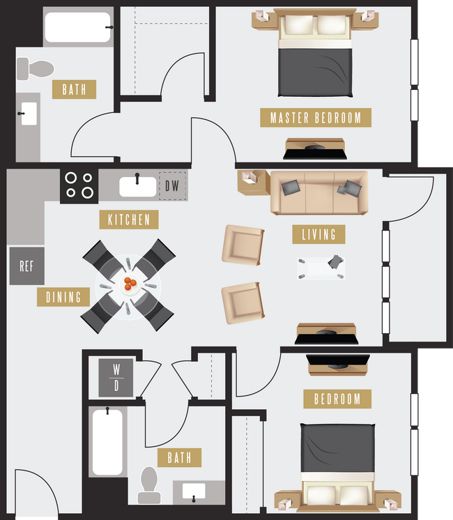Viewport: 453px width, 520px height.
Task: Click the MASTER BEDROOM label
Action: pos(316,117)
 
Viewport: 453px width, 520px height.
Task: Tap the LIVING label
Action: pos(318,234)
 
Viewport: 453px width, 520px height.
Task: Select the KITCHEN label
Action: pos(129,220)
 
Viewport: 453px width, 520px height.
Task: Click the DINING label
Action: pos(63,297)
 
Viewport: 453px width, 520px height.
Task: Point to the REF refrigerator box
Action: pos(26,266)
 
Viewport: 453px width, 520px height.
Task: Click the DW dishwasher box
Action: pos(172,186)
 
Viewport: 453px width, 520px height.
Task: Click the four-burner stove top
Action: pos(79,185)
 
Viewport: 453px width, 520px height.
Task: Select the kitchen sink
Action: pos(137,186)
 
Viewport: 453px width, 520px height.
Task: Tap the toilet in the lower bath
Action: pos(149,484)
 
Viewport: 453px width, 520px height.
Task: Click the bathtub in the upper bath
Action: pos(77,27)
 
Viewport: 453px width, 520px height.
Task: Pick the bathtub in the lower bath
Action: pos(107,441)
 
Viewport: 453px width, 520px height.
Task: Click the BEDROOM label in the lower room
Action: pos(337,399)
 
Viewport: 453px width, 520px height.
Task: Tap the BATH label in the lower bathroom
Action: pos(179,458)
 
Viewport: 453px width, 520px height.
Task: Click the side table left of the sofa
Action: pos(252,182)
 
